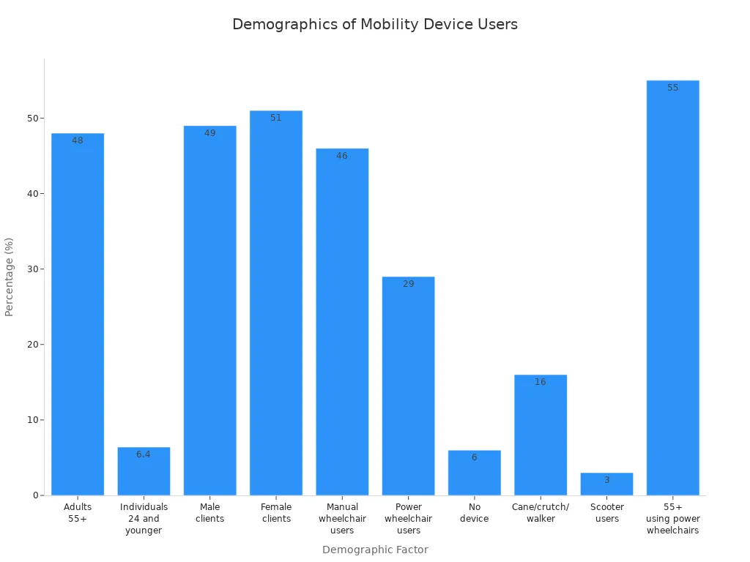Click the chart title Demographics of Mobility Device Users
coord(374,24)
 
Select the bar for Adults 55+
coord(78,315)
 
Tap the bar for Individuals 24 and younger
coord(144,471)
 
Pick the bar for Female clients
coord(276,303)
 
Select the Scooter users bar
coord(606,484)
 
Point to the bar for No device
coord(474,473)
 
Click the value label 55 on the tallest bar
coord(672,88)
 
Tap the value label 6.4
coord(144,454)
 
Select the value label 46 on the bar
coord(342,156)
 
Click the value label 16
coord(541,382)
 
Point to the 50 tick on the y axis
coord(33,119)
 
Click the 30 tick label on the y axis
coord(33,269)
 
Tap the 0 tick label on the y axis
coord(35,495)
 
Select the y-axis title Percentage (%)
coord(10,277)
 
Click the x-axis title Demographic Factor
coord(374,550)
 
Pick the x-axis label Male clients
coord(210,513)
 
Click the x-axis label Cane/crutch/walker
coord(541,513)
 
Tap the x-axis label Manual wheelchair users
coord(342,518)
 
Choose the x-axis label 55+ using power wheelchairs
coord(672,518)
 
